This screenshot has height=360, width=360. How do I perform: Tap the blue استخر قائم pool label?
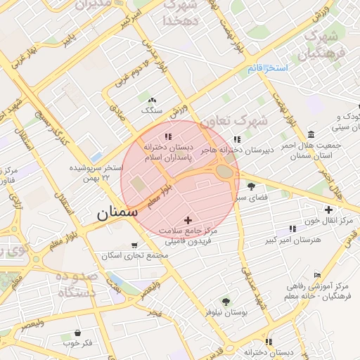268,68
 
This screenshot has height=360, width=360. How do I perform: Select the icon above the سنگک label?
152,101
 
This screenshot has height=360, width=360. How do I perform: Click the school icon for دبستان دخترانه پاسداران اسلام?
167,136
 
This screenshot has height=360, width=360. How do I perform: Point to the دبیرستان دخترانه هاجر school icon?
236,139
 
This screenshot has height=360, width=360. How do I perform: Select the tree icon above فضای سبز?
252,186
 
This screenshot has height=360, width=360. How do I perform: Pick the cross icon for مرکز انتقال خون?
328,209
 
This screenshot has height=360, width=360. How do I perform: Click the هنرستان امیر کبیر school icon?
292,229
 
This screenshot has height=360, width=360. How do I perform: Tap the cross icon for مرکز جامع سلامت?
187,221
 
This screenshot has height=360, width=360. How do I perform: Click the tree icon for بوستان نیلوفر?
226,300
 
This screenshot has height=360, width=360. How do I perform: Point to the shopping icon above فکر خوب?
77,333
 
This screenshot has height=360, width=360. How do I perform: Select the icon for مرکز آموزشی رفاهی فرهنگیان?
317,275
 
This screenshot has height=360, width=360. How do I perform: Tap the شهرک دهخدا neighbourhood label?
182,13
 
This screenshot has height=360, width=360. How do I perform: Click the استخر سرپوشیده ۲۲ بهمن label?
96,173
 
